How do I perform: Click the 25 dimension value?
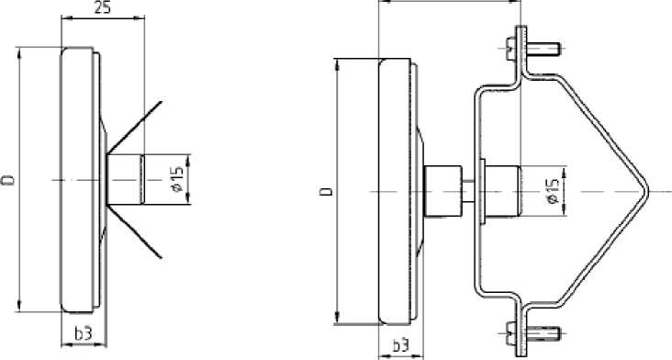tap(102, 8)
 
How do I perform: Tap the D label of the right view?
tap(327, 191)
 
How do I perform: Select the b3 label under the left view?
tap(84, 333)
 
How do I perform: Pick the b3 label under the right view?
tap(400, 345)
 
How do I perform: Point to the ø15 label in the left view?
tap(178, 179)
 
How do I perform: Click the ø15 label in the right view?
tap(554, 191)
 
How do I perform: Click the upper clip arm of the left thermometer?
tap(135, 127)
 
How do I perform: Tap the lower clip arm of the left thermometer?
tap(135, 231)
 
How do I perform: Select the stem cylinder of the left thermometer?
tap(126, 179)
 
